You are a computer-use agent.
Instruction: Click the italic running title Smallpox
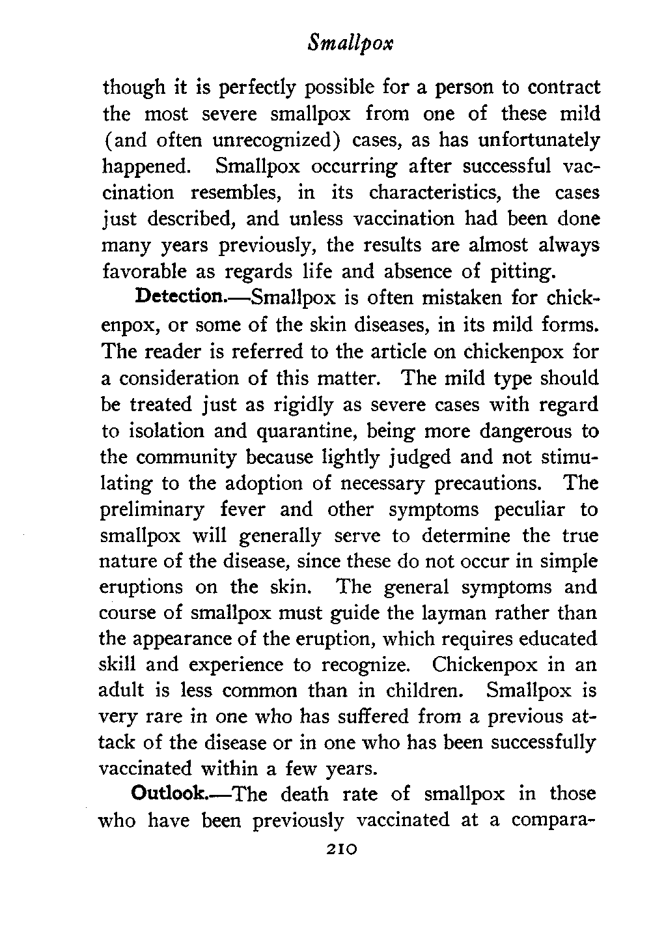(x=351, y=44)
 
